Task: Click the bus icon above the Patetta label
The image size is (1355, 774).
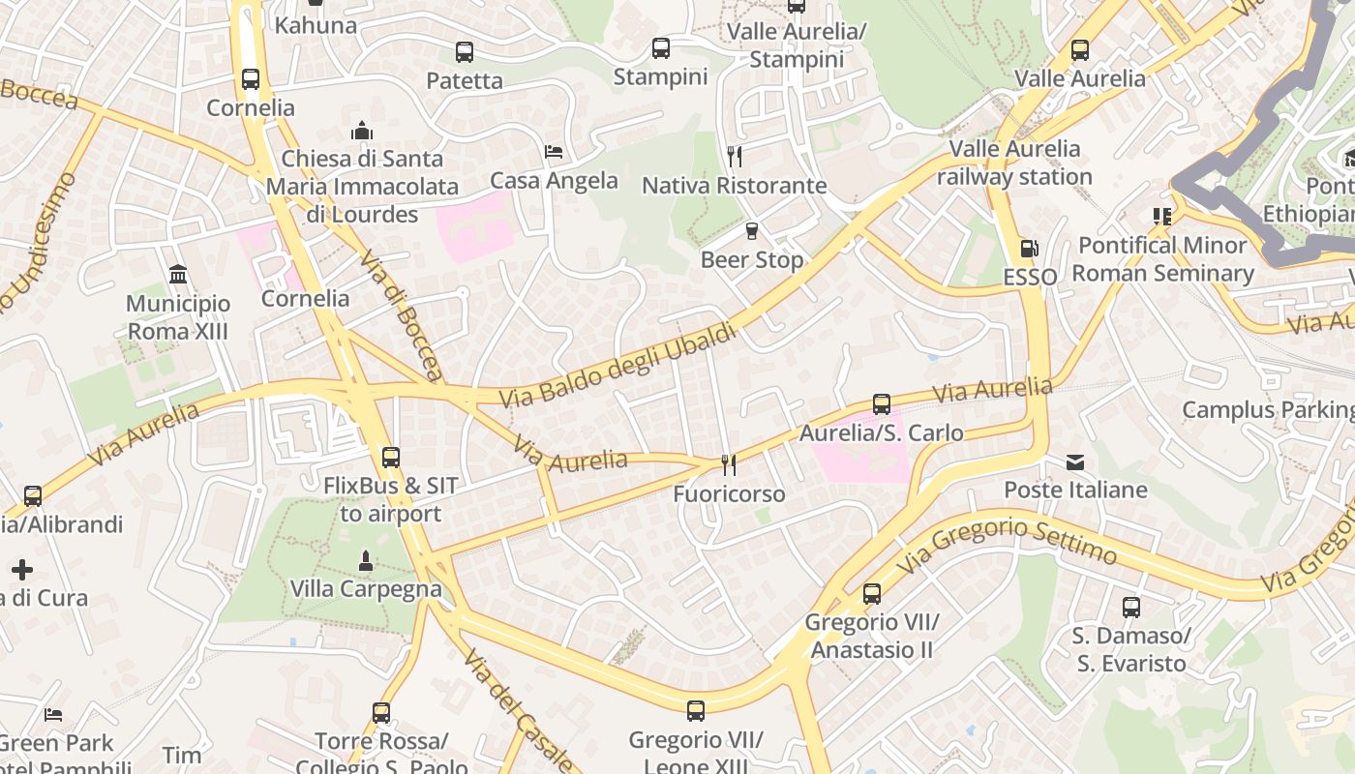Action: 465,51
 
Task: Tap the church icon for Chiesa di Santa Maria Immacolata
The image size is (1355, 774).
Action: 363,131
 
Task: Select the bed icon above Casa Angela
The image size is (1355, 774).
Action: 554,152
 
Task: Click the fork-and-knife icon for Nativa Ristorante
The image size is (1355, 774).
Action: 735,156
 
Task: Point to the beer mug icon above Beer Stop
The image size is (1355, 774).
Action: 751,231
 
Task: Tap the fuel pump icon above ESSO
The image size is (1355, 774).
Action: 1030,249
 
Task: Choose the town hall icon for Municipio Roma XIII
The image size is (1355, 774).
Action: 178,275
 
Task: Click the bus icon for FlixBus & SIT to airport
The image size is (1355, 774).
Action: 391,457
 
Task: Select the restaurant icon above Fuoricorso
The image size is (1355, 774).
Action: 729,465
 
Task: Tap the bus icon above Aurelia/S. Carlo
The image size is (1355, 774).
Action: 881,403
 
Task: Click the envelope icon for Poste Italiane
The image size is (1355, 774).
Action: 1075,461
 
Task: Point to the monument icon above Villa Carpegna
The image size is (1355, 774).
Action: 366,560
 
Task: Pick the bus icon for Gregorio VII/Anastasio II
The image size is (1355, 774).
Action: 872,593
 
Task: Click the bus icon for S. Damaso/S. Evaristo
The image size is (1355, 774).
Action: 1131,608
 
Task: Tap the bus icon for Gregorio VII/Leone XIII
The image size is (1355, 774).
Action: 696,711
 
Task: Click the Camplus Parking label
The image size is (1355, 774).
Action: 1268,409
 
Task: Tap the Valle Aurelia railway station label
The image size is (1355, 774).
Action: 1014,163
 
